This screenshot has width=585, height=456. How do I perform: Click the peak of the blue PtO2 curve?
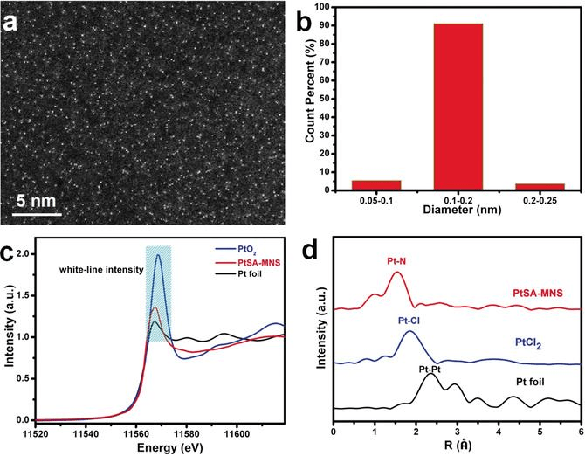coord(158,255)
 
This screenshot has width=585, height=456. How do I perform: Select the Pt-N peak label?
coord(398,260)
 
